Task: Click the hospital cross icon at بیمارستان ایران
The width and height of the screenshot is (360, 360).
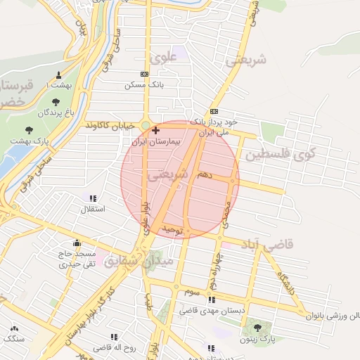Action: click(x=155, y=130)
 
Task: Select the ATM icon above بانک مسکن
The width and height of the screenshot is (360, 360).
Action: click(x=145, y=74)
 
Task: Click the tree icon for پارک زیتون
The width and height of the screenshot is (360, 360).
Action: click(x=257, y=328)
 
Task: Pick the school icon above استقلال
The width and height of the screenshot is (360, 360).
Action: click(x=94, y=199)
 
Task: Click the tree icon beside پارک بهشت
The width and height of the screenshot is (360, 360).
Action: click(x=30, y=129)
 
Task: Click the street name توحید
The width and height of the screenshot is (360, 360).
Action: click(x=172, y=230)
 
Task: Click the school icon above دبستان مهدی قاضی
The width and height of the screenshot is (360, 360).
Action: click(x=212, y=300)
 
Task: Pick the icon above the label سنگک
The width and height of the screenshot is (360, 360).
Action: click(x=13, y=328)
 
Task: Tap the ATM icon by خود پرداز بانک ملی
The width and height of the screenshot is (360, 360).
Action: click(x=214, y=111)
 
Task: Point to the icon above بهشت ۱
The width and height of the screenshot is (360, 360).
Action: click(x=58, y=75)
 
